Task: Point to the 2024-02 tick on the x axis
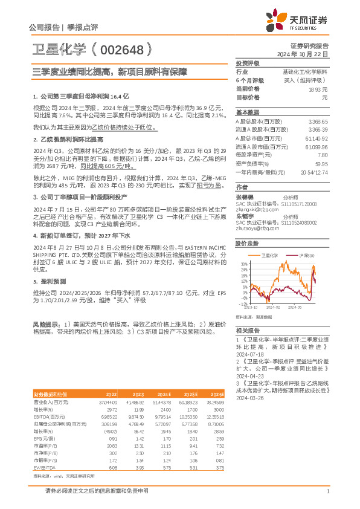[281, 306]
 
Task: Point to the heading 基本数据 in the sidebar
[247, 112]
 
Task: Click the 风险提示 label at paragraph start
[45, 325]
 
